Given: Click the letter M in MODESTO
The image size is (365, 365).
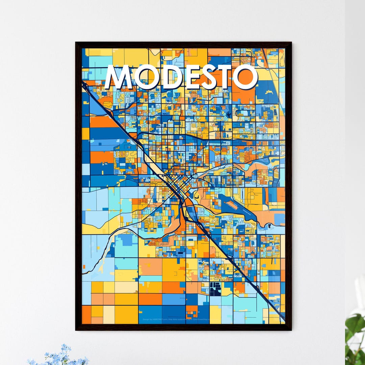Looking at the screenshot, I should (119, 77).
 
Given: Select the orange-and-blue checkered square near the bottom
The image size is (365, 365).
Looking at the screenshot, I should (192, 311).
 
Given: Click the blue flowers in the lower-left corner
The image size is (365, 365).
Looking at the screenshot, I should (61, 357).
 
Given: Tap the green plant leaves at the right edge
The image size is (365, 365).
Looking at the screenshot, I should (355, 335).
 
